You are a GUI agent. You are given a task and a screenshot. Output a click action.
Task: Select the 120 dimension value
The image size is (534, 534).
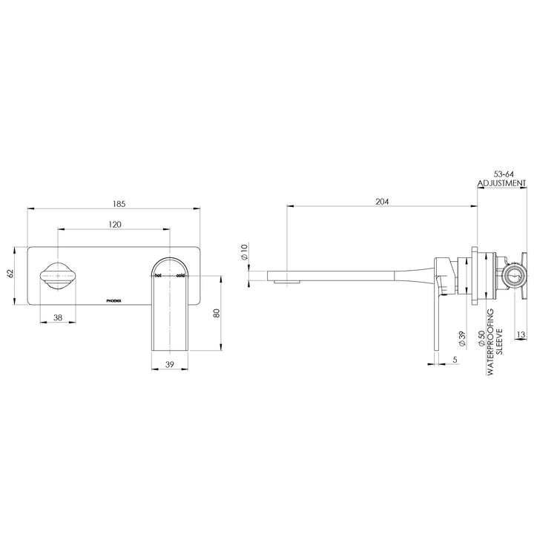pyautogui.click(x=116, y=223)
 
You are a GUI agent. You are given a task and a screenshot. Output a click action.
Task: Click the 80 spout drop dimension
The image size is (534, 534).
pyautogui.click(x=217, y=312)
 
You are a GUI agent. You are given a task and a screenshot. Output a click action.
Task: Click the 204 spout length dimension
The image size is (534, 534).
pyautogui.click(x=382, y=201)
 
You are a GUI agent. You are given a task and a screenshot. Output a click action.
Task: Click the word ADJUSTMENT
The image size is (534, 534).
pyautogui.click(x=501, y=182)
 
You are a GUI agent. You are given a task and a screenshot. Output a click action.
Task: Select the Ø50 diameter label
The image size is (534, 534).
pyautogui.click(x=482, y=340)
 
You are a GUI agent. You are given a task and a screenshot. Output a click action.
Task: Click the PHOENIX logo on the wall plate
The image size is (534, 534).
pyautogui.click(x=116, y=300)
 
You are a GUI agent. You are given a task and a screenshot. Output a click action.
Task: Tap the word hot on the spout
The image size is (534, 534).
pyautogui.click(x=157, y=275)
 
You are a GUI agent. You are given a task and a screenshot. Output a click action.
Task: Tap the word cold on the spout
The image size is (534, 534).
pyautogui.click(x=180, y=275)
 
